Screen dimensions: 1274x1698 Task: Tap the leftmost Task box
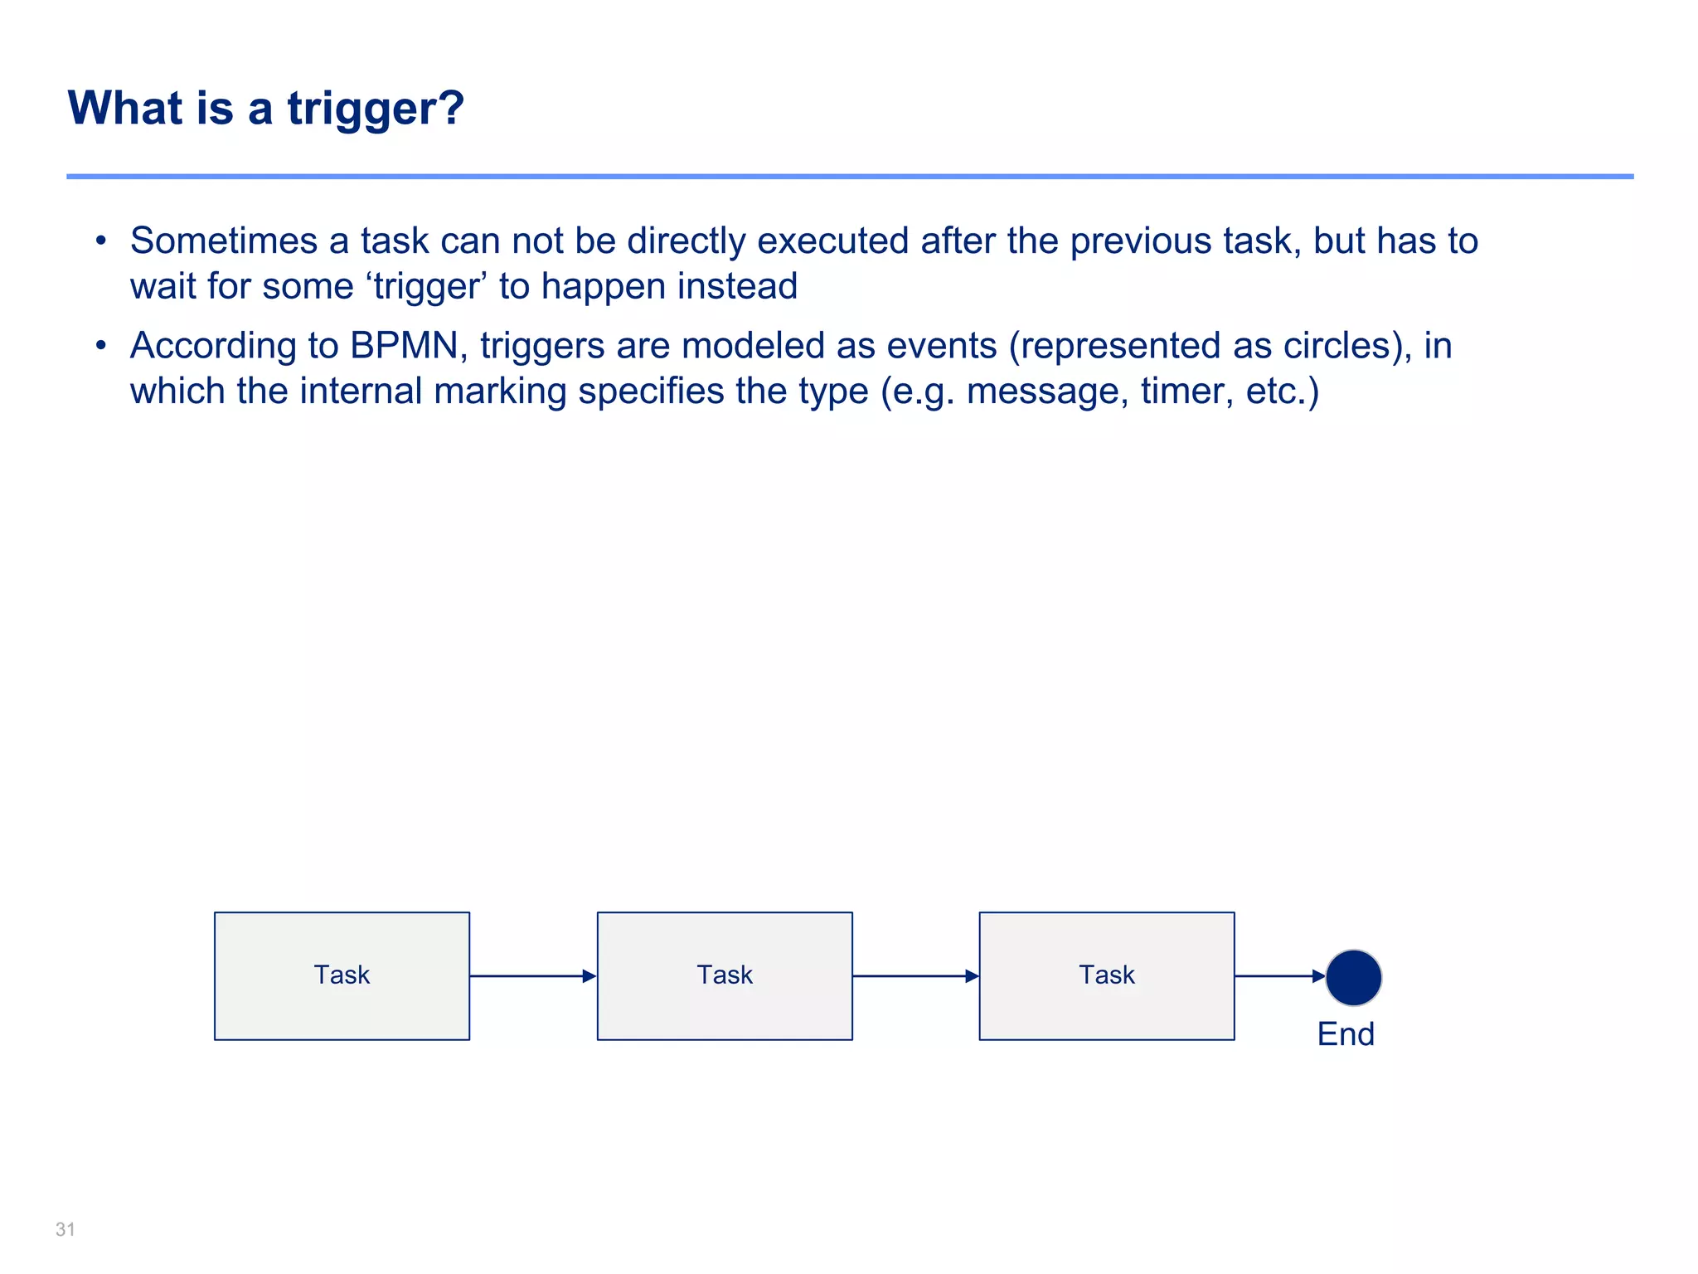[342, 975]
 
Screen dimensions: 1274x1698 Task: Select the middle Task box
[725, 975]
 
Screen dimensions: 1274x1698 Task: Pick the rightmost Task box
[1107, 975]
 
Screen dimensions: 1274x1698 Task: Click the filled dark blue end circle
[1353, 977]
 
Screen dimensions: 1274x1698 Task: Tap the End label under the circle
[1346, 1034]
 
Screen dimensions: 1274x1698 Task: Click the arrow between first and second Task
[532, 976]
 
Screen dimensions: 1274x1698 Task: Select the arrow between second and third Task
[915, 976]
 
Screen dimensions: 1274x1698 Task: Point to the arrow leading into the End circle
[1279, 976]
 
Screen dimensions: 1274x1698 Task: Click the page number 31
[65, 1229]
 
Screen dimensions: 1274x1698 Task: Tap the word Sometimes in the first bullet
[224, 241]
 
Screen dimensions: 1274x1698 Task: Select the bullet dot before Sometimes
[100, 241]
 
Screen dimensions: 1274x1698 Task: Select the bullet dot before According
[100, 346]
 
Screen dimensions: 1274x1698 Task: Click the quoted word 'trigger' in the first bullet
[426, 287]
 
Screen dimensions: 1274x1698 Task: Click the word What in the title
[125, 109]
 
